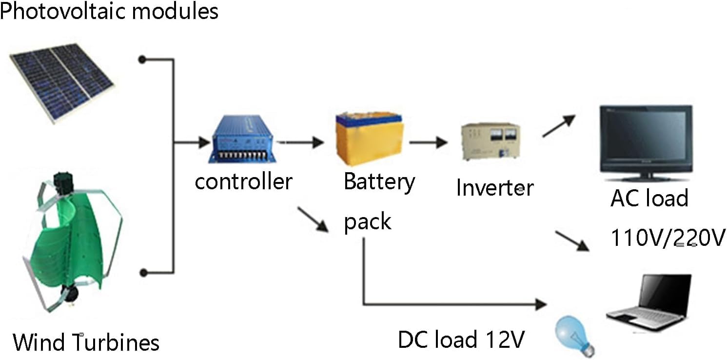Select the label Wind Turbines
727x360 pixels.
tap(86, 342)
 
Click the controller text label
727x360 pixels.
tap(243, 181)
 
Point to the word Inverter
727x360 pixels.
tap(494, 188)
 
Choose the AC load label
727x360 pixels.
tap(649, 199)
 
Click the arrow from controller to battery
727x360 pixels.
tap(305, 142)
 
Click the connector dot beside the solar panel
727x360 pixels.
tap(142, 60)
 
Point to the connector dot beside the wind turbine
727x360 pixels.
tap(142, 272)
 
